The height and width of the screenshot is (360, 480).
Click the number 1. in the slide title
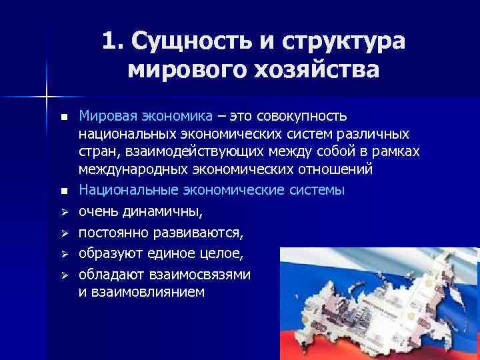(113, 41)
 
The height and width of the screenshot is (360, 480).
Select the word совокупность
(303, 116)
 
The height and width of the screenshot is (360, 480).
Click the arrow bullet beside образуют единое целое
(63, 254)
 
